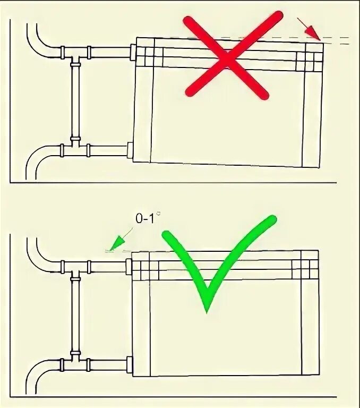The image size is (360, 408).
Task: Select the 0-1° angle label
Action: [147, 219]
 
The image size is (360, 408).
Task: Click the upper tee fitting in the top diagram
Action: [75, 53]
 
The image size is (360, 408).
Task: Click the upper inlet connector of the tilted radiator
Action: [133, 52]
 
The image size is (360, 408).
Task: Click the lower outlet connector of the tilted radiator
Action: [130, 150]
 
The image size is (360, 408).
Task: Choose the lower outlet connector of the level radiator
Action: [129, 365]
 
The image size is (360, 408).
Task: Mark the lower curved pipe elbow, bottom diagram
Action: [40, 374]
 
